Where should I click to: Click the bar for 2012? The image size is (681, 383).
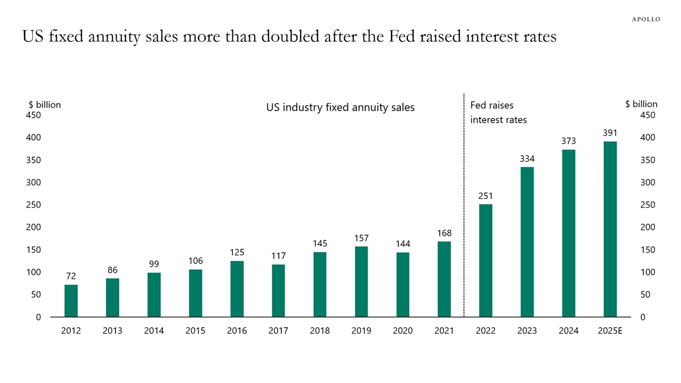point(71,301)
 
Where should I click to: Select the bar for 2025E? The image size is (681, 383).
point(610,229)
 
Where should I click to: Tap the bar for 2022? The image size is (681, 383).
point(486,260)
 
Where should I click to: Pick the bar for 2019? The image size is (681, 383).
point(361,282)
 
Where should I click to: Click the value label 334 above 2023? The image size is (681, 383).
point(527,159)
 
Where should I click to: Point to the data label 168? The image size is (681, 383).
point(444,233)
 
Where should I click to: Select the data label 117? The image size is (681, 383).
point(278,256)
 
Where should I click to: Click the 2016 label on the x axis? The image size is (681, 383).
point(237,331)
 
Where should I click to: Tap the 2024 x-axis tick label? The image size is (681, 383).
point(568,331)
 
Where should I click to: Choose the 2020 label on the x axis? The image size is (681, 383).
point(403,331)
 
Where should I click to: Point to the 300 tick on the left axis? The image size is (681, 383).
point(33,183)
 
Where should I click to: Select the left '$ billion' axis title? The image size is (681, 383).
point(45,105)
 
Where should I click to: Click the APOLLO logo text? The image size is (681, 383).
point(646,19)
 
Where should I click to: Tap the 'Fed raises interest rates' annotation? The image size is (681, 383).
point(498,113)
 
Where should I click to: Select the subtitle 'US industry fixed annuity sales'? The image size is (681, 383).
point(340,107)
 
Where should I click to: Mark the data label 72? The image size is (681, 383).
point(71,276)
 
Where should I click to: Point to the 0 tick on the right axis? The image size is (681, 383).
point(643,317)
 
